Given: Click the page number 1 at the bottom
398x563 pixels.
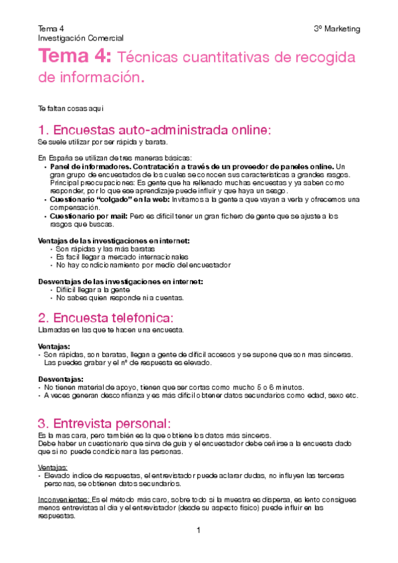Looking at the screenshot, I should [198, 530].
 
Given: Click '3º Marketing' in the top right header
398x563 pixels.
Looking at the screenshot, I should [337, 29].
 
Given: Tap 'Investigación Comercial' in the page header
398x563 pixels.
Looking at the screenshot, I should [81, 39].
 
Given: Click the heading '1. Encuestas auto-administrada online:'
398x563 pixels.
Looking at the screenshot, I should [154, 129].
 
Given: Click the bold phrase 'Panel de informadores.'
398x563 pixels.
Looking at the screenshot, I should [89, 166].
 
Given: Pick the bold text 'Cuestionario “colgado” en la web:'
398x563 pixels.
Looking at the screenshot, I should [110, 199].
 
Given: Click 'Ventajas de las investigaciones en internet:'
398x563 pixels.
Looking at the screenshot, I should [114, 240].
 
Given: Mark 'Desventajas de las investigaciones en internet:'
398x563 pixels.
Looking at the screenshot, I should [120, 281].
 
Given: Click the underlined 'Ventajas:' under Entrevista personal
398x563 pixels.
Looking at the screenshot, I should [52, 467].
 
